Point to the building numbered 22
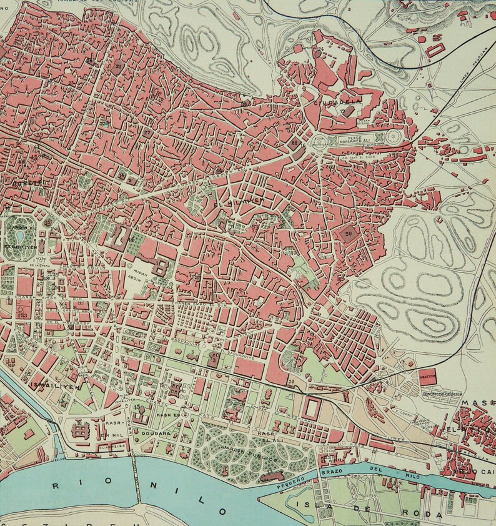click(x=295, y=143)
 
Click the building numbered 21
click(x=118, y=66)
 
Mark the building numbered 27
click(x=147, y=132)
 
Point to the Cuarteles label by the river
click(x=113, y=446)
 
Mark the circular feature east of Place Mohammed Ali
click(x=394, y=137)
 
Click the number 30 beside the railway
click(x=291, y=382)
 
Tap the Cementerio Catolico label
click(x=441, y=395)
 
